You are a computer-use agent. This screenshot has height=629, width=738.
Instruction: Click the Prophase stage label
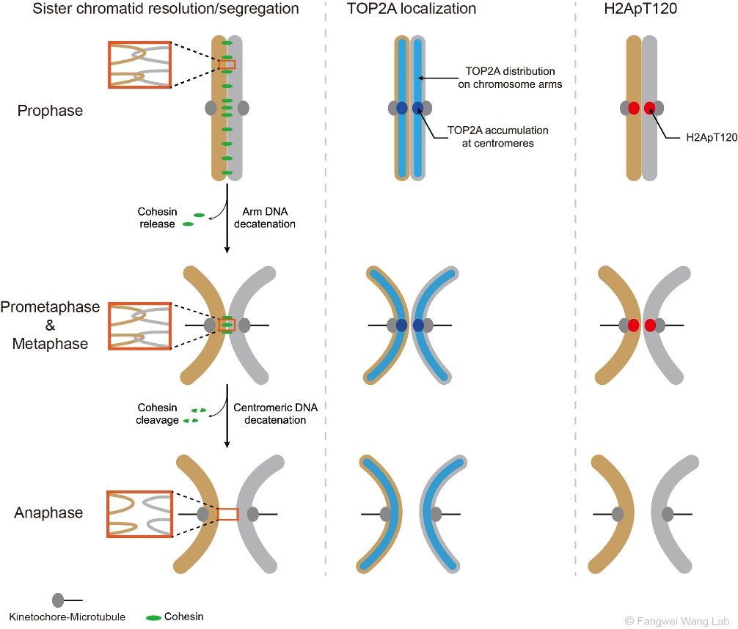[51, 111]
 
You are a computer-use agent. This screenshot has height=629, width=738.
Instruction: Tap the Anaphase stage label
[48, 512]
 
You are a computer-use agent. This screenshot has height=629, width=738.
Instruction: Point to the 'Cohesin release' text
[156, 218]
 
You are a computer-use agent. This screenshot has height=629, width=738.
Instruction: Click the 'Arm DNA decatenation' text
[264, 218]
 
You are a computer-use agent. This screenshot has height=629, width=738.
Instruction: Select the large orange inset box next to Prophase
[139, 65]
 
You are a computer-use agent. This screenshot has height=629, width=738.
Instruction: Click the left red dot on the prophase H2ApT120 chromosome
[634, 108]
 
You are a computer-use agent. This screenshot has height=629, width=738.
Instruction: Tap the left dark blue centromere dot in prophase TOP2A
[401, 108]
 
